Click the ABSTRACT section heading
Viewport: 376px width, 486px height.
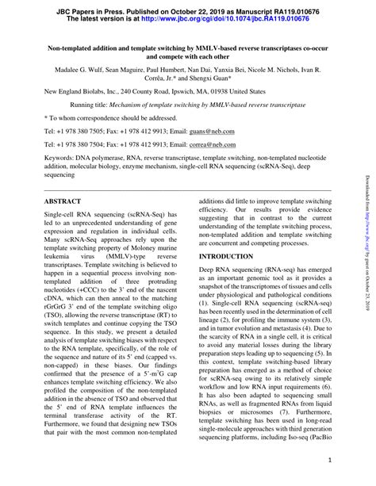[x=63, y=203]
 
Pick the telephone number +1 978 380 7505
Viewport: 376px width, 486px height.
[x=84, y=130]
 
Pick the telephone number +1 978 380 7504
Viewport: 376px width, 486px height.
[x=84, y=145]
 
